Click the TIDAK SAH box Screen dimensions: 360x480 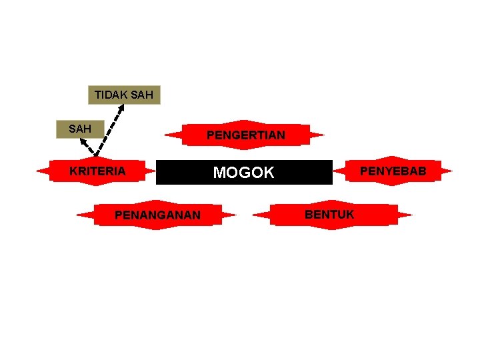(x=124, y=95)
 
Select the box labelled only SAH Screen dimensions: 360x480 (x=80, y=128)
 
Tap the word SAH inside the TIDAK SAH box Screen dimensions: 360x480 (x=142, y=95)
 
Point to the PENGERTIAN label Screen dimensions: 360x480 (x=245, y=135)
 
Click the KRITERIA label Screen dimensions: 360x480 (x=97, y=171)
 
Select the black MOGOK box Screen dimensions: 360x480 (x=244, y=173)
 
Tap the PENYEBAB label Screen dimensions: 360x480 (x=393, y=171)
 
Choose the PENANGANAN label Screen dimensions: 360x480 (x=157, y=215)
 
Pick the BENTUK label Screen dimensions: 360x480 (x=329, y=214)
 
